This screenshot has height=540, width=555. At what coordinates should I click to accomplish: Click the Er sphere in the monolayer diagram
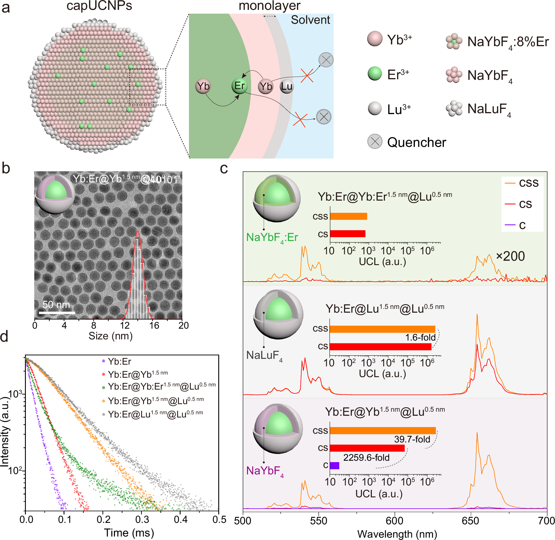click(239, 86)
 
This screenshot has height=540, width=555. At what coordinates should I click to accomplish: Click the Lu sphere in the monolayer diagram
click(286, 86)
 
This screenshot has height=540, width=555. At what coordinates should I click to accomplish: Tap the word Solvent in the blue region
click(310, 20)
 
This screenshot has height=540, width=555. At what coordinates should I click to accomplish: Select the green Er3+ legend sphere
click(375, 73)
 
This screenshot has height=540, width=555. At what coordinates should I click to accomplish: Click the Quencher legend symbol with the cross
click(375, 141)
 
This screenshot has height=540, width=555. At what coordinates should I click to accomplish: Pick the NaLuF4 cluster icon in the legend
click(454, 109)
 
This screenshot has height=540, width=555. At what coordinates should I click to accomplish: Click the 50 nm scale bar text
click(56, 305)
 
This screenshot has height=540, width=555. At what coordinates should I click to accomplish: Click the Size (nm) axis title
click(110, 336)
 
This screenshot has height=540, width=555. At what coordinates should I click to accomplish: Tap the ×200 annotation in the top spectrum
click(510, 256)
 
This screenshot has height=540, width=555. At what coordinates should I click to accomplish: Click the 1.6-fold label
click(420, 337)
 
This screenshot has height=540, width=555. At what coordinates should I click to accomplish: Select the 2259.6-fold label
click(366, 458)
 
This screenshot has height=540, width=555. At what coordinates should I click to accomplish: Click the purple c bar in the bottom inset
click(334, 466)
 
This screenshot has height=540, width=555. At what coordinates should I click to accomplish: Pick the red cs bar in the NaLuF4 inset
click(380, 347)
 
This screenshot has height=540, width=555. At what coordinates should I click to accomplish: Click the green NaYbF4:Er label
click(272, 238)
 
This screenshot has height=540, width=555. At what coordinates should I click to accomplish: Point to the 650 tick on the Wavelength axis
click(470, 521)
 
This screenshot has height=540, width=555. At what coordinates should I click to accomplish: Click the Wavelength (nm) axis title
click(397, 534)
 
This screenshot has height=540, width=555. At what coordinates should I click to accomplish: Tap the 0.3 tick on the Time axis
click(142, 519)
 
